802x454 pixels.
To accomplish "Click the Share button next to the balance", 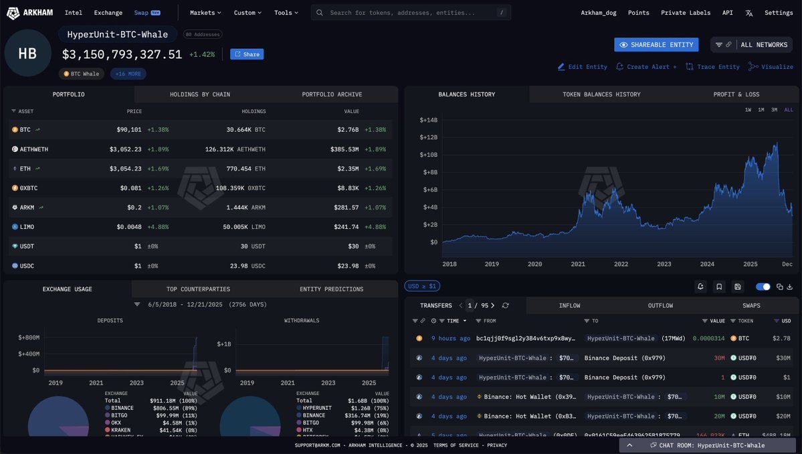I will tap(247, 54).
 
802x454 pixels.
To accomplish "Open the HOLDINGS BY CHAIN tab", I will tap(200, 94).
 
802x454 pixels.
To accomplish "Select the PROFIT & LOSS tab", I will tap(736, 94).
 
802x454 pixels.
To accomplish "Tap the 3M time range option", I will tap(774, 110).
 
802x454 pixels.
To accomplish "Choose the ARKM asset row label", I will tap(27, 208).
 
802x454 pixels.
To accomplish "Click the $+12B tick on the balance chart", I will tap(428, 137).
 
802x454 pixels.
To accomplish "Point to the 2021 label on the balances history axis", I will tap(578, 264).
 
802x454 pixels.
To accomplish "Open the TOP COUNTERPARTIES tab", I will tap(198, 289).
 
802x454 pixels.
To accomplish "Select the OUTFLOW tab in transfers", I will tap(660, 306).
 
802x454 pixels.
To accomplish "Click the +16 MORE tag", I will tap(128, 74).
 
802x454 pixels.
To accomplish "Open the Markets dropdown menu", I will tap(205, 13).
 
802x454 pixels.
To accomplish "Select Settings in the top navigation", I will tap(779, 13).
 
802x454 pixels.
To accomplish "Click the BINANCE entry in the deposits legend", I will tap(122, 408).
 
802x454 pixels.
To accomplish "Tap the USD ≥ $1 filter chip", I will tap(422, 287).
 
